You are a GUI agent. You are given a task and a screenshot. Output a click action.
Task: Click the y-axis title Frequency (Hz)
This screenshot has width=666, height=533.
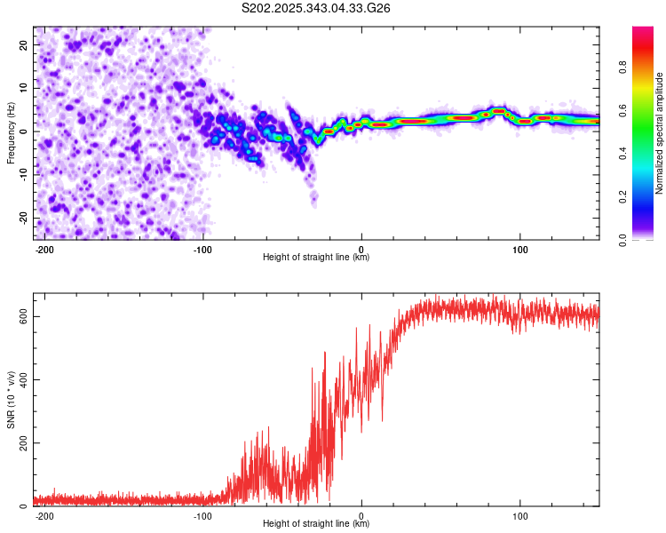pyautogui.click(x=12, y=133)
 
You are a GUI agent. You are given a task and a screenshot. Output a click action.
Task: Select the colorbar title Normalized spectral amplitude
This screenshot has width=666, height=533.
pyautogui.click(x=660, y=133)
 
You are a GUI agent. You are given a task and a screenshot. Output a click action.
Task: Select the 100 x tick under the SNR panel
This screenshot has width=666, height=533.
pyautogui.click(x=520, y=515)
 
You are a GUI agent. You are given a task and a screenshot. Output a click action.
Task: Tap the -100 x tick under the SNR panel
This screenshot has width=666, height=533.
pyautogui.click(x=202, y=515)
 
